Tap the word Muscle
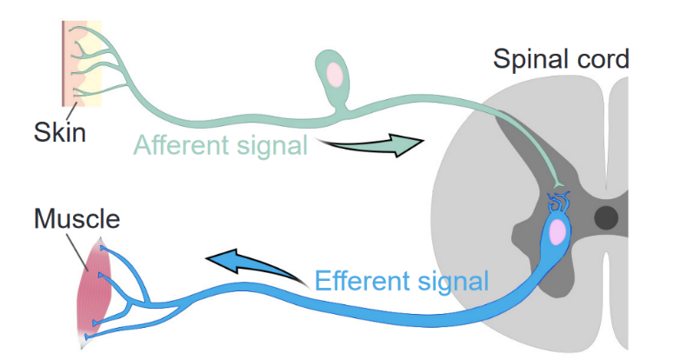tap(77, 217)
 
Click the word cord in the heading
tap(602, 59)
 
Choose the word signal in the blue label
tap(452, 281)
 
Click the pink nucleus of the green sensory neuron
tap(335, 76)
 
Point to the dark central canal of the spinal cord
tap(606, 216)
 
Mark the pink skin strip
tap(67, 61)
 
